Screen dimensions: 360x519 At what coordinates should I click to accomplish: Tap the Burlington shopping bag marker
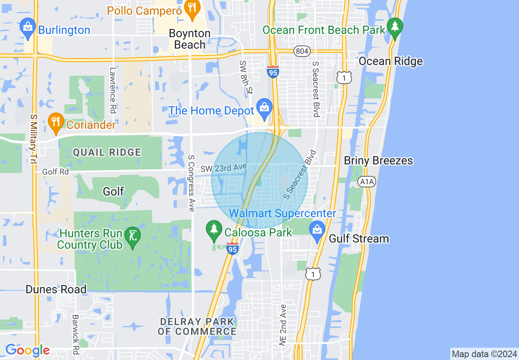coord(28,28)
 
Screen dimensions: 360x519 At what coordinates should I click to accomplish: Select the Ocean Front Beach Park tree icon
coord(395,27)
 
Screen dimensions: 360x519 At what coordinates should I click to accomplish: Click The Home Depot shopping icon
coord(264,108)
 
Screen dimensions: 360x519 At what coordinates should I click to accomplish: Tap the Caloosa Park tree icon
coord(214,230)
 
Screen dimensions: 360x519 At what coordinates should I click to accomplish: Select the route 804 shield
coord(302,51)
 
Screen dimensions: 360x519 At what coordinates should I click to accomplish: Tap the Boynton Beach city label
coord(190,39)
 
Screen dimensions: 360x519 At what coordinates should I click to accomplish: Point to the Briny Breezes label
coord(378,160)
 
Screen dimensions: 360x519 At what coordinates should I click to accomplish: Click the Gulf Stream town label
coord(359,239)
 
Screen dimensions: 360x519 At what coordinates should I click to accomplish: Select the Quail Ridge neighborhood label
coord(107,153)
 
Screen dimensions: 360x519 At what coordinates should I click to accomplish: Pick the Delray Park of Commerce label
coord(197,326)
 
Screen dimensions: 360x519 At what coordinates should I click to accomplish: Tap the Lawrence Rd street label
coord(113,91)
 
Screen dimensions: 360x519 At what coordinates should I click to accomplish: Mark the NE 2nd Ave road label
coord(283,325)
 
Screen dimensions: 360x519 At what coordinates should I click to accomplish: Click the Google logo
coord(27,350)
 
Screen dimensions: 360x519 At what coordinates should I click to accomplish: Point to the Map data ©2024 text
coord(483,353)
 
